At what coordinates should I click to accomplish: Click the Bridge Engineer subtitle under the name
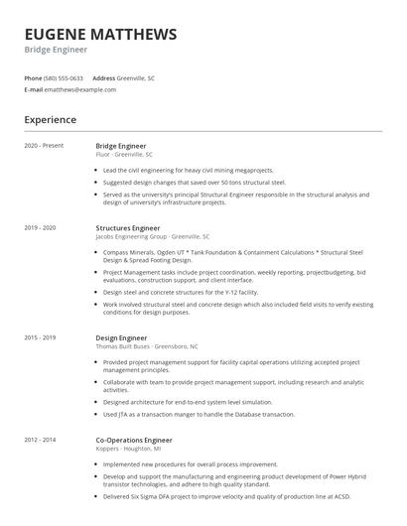(56, 49)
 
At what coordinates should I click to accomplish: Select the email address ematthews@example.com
(80, 89)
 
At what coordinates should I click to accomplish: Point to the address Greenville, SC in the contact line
(136, 77)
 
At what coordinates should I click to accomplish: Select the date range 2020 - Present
(44, 146)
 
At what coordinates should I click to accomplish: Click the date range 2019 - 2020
(40, 228)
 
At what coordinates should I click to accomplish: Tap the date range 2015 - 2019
(40, 337)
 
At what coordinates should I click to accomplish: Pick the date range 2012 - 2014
(40, 438)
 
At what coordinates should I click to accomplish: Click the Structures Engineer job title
(128, 228)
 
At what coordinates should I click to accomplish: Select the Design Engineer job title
(121, 337)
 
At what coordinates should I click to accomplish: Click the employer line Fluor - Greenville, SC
(124, 155)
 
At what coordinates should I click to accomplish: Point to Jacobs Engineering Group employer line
(152, 237)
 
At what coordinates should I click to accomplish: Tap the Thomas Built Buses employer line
(146, 346)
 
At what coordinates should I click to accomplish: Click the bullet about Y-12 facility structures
(180, 293)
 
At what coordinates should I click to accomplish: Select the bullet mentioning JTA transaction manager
(199, 414)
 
